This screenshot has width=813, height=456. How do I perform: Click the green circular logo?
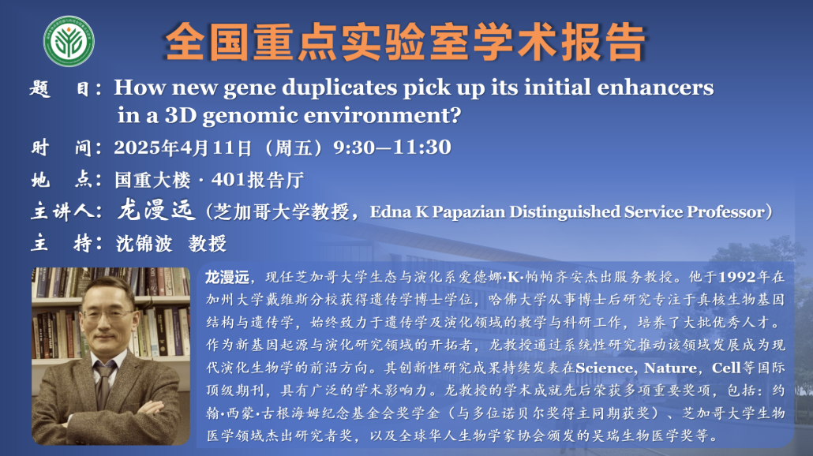click(x=69, y=42)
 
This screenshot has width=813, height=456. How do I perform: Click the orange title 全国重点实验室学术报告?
click(x=405, y=43)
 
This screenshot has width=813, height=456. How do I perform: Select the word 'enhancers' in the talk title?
click(x=655, y=88)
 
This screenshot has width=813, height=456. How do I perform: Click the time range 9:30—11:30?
click(x=392, y=148)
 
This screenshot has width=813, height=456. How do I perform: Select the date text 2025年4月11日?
click(x=183, y=148)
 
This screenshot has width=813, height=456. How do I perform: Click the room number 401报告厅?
click(x=257, y=180)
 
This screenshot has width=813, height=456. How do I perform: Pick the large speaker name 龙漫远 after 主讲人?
click(x=155, y=211)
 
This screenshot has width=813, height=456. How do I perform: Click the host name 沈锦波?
click(x=144, y=243)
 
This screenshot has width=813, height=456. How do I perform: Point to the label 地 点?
click(x=66, y=180)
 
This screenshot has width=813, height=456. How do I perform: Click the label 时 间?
click(x=66, y=148)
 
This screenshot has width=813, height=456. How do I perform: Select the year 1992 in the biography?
click(x=736, y=277)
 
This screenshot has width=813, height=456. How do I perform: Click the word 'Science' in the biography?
click(x=604, y=368)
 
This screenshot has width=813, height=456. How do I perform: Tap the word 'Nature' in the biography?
click(x=670, y=368)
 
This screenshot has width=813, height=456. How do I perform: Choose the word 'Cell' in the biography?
click(x=726, y=368)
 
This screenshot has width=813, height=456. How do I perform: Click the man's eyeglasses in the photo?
click(x=108, y=314)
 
